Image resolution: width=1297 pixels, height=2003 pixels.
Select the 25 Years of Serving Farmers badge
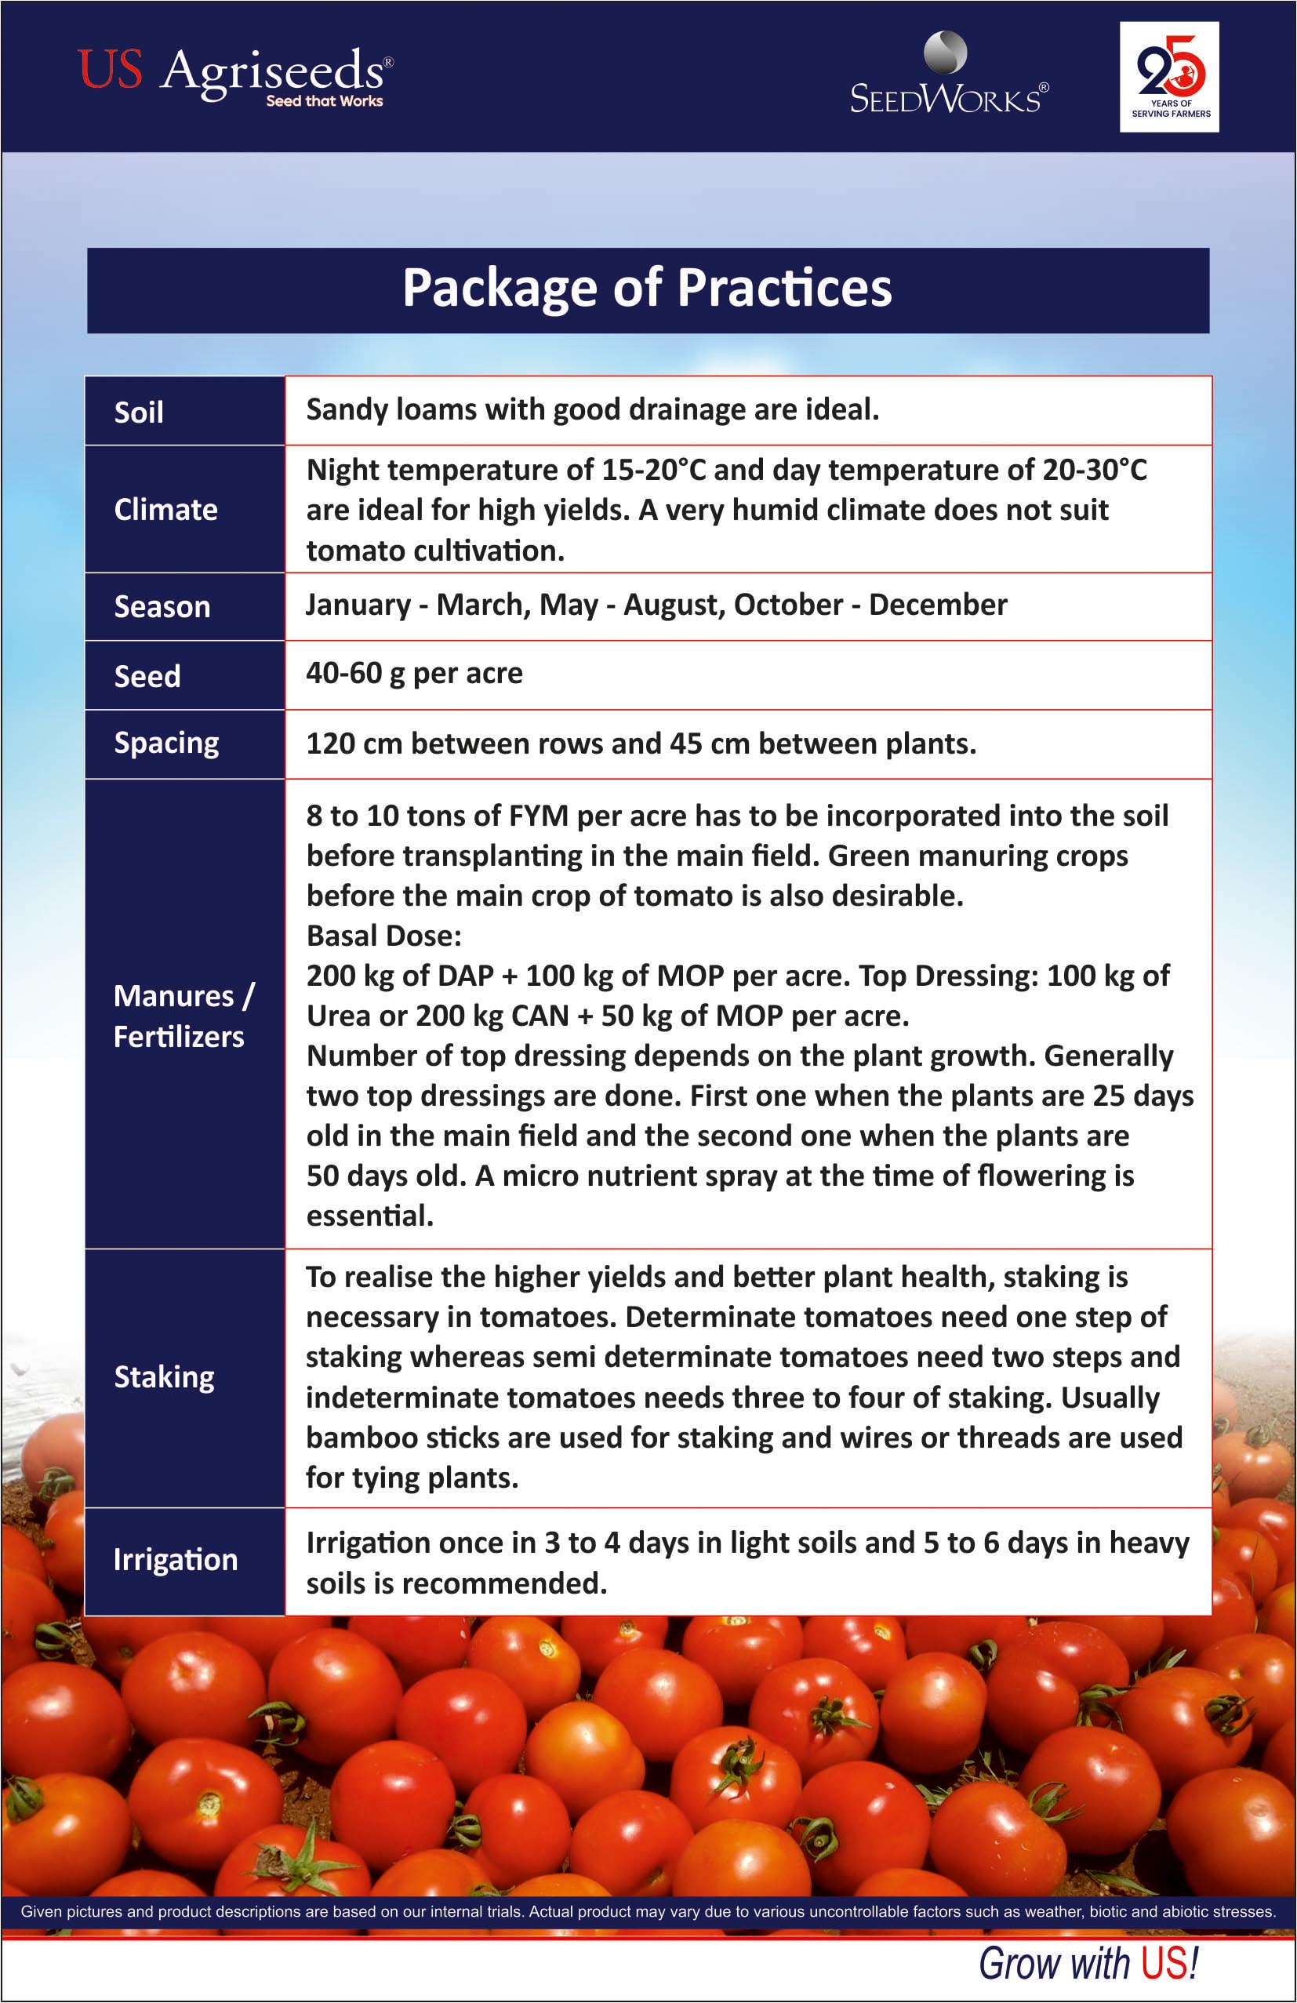(x=1169, y=77)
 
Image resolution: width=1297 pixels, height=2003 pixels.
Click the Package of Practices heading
(x=646, y=288)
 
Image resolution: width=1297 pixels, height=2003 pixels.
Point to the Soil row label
(x=139, y=413)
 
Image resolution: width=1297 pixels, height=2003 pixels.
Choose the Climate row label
(x=165, y=510)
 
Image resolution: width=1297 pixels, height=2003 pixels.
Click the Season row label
(x=162, y=607)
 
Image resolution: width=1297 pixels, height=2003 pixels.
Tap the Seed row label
(x=147, y=676)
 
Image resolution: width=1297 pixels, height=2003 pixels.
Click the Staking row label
(x=164, y=1377)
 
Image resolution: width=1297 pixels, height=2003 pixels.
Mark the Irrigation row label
(x=175, y=1559)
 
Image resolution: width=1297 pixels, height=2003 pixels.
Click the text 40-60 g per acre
(x=414, y=673)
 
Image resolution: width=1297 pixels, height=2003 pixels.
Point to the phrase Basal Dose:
(x=383, y=935)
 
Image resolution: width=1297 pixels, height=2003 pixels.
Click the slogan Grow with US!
(x=1088, y=1964)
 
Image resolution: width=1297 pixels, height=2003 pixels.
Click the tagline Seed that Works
(x=324, y=101)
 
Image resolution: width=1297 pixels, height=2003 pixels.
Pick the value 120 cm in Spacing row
(x=354, y=744)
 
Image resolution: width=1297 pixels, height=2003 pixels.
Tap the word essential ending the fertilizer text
(x=369, y=1216)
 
